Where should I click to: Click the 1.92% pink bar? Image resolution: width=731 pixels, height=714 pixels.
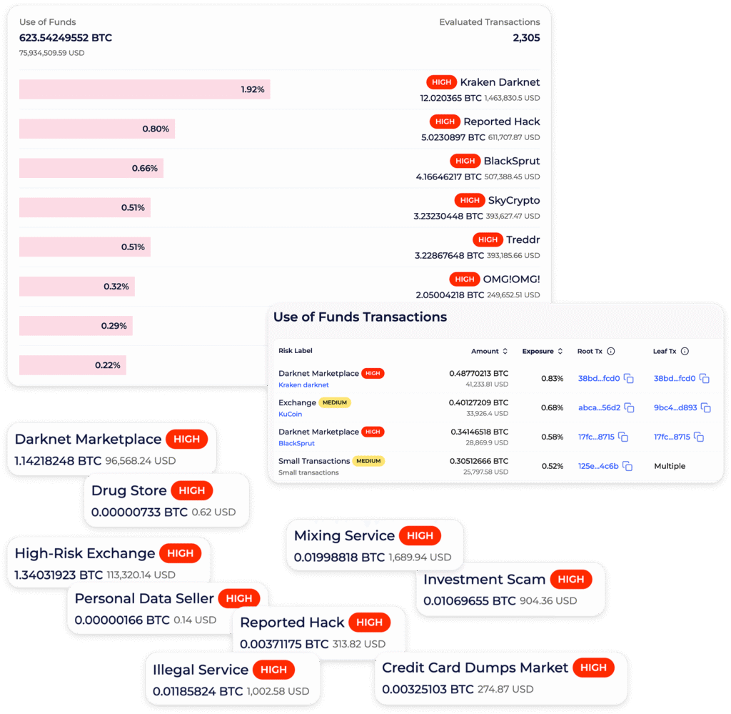144,89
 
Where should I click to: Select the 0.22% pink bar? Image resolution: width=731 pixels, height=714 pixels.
73,365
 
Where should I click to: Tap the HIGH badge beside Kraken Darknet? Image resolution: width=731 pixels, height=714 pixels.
441,82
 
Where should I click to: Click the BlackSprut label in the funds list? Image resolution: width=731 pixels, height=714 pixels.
511,161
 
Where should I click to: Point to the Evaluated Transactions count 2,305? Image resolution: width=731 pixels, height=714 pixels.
526,38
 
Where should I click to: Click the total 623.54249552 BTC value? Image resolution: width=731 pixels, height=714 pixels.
65,38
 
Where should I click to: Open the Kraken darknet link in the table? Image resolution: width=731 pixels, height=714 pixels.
303,385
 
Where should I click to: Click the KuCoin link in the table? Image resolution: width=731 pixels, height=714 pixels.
290,414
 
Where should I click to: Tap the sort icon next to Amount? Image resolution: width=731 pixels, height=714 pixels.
505,351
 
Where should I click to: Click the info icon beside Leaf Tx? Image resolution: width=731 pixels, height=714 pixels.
685,351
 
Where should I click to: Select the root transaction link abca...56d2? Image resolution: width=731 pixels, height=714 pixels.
599,407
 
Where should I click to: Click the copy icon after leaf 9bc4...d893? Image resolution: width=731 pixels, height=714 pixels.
706,408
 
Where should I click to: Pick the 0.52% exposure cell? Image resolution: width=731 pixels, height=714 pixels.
553,466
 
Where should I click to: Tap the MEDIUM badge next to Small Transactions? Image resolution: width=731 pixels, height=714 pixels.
368,460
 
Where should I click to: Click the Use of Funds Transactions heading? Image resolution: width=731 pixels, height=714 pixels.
360,317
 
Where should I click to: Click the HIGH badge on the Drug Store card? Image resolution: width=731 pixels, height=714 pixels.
191,490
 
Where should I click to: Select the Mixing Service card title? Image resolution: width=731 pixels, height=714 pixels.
344,535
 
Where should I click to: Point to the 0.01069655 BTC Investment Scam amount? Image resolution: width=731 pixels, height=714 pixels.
469,600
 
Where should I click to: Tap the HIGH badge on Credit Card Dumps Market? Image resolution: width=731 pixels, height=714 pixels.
593,668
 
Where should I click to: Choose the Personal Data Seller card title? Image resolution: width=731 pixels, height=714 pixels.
144,598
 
